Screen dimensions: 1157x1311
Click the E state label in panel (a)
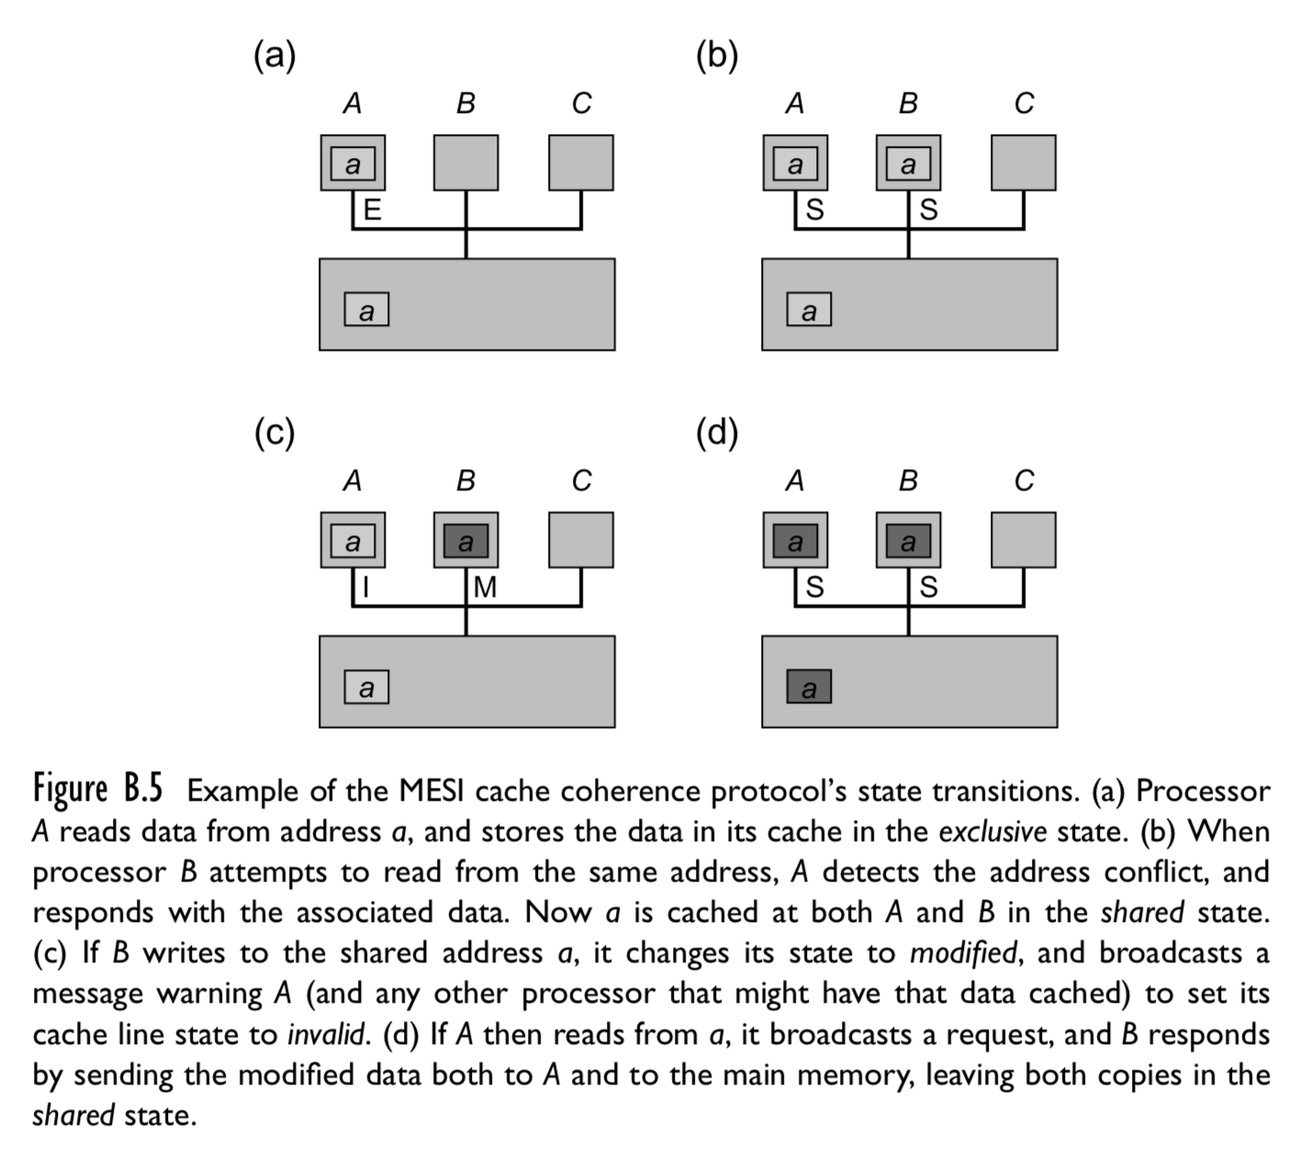point(373,209)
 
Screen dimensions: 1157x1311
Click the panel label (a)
point(275,57)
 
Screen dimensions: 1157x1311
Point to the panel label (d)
point(717,433)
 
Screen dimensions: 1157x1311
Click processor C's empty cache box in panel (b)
point(1024,163)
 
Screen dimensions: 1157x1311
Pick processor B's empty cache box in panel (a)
point(466,163)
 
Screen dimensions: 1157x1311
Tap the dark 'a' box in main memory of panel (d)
point(809,687)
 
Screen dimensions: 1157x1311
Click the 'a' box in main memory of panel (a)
point(366,310)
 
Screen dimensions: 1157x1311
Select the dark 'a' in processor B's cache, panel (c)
point(466,542)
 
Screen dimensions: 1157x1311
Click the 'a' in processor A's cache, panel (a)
point(353,165)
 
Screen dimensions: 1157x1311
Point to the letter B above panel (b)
point(908,104)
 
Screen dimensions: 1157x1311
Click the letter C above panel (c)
point(581,480)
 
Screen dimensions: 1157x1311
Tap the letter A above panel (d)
point(795,480)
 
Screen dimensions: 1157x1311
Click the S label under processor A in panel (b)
point(814,209)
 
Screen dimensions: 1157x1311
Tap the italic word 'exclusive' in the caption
point(992,832)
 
